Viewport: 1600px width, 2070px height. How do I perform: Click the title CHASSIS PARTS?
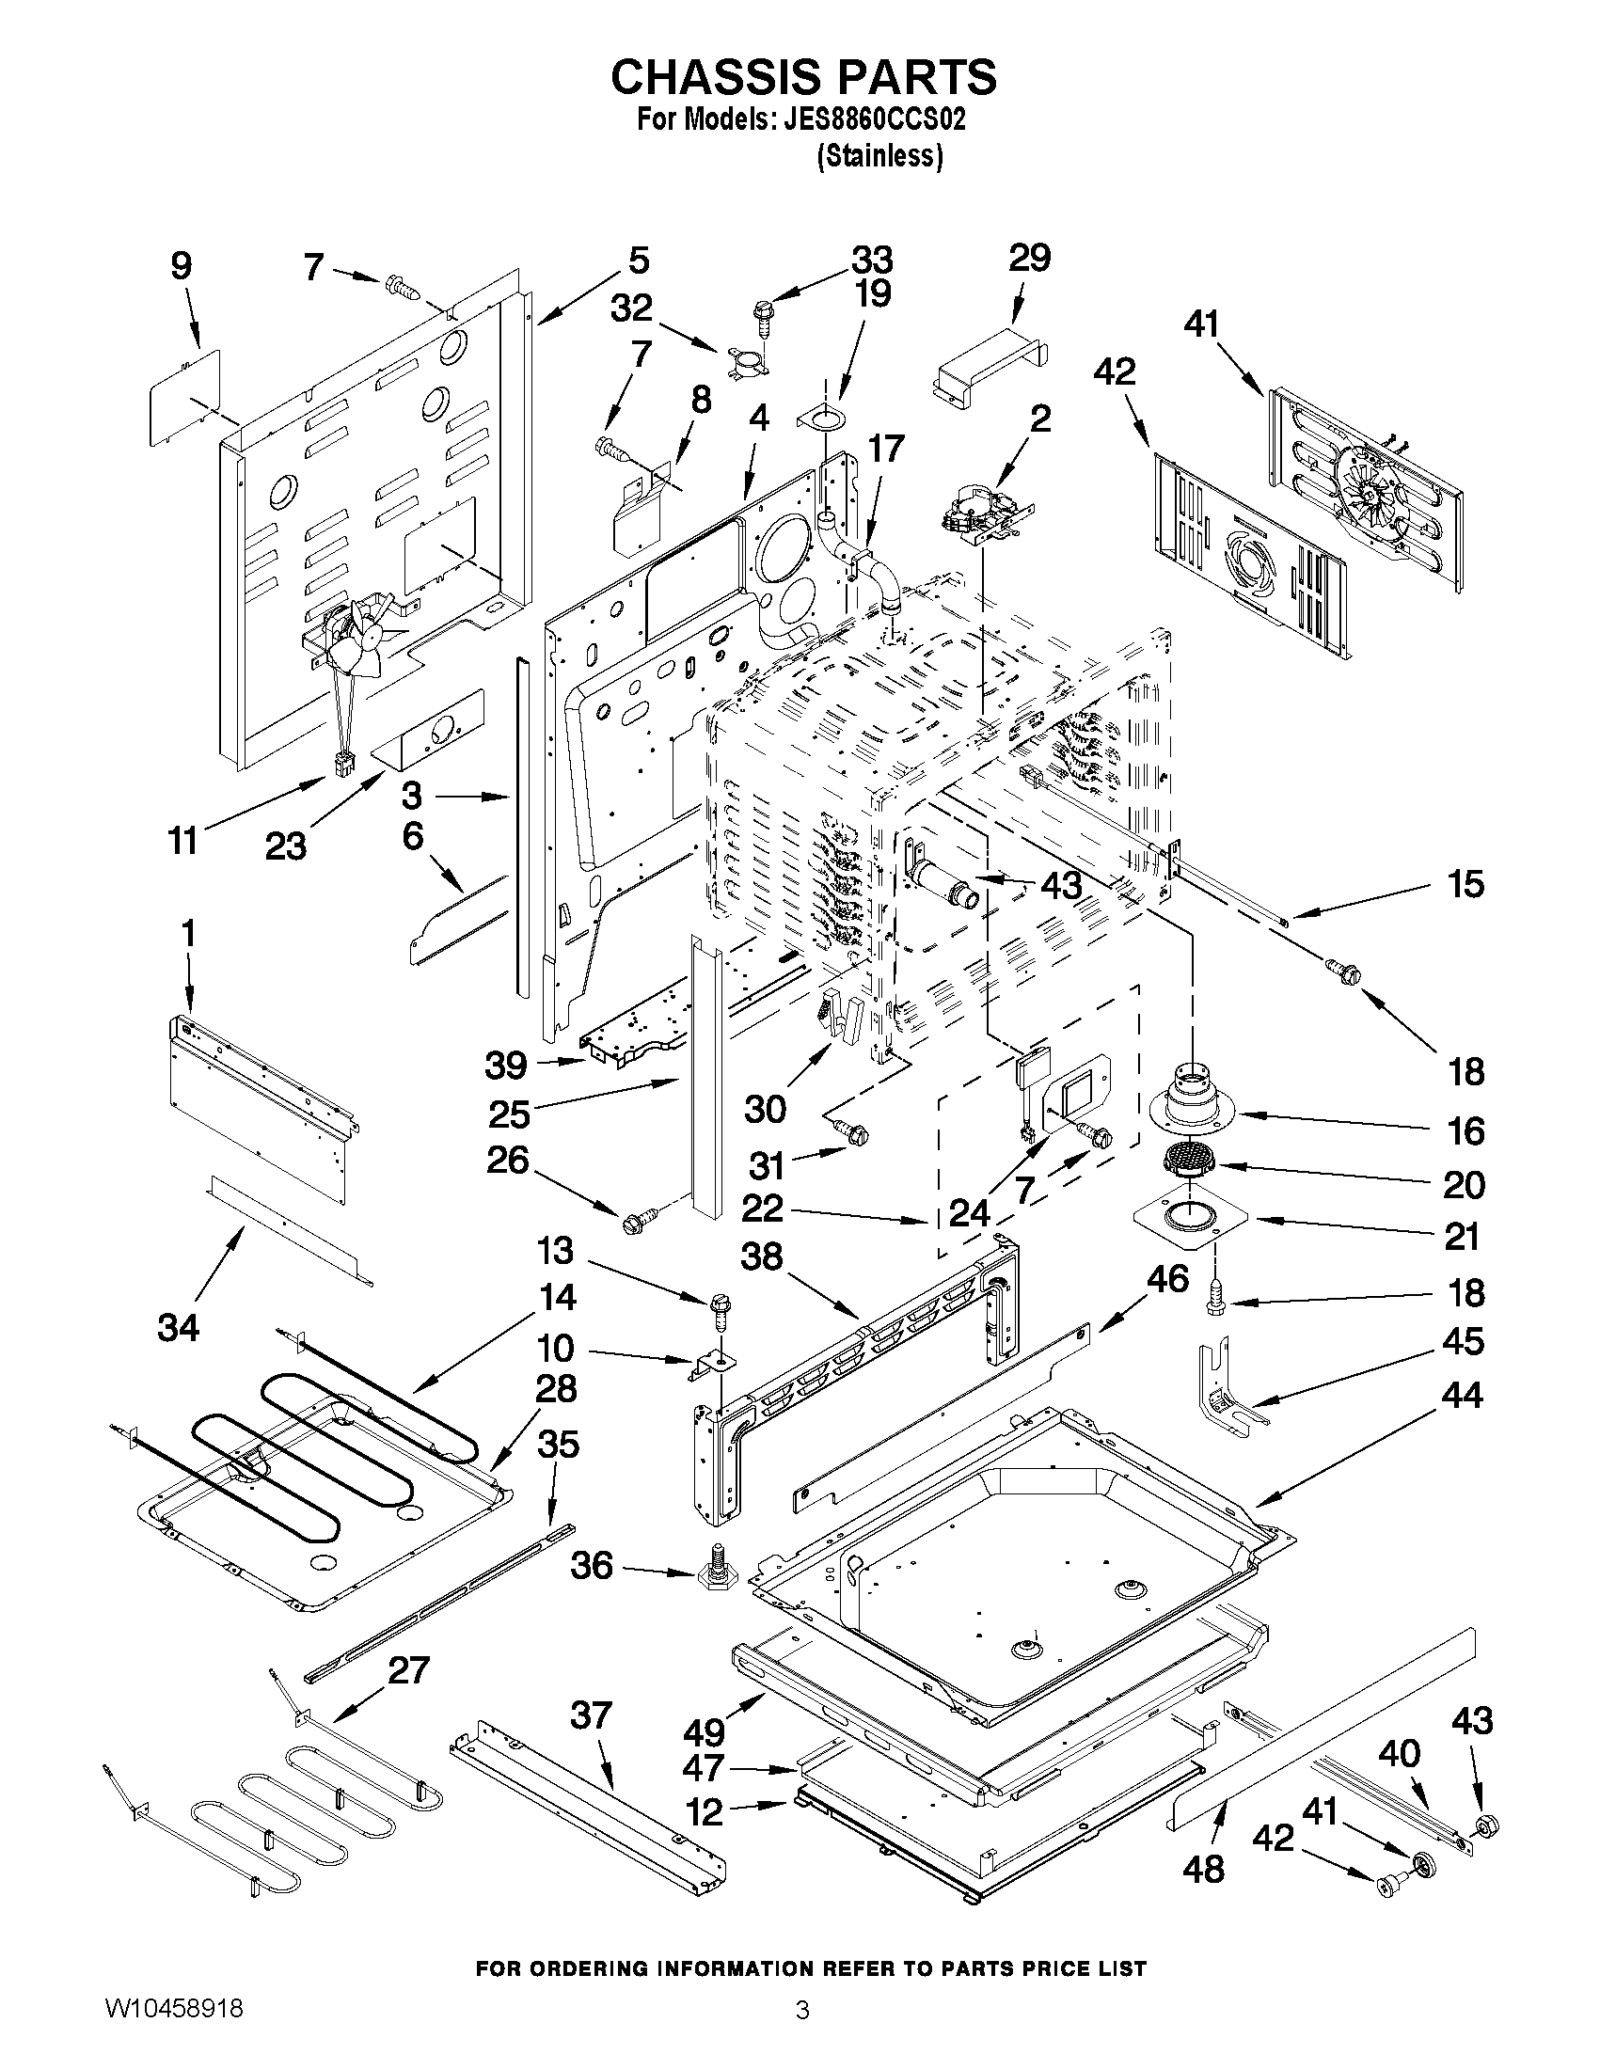pos(803,77)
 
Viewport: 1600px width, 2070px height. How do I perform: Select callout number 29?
pos(1029,258)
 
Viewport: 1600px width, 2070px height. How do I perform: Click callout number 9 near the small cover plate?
pos(181,266)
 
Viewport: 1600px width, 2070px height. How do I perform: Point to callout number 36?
pos(592,1565)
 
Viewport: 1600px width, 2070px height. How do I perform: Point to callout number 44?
pos(1461,1395)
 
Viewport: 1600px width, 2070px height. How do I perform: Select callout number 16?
pos(1465,1130)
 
